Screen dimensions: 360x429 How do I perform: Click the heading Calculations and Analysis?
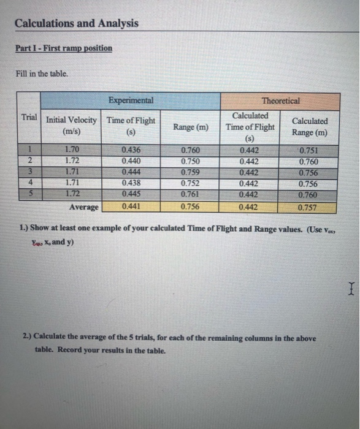point(77,23)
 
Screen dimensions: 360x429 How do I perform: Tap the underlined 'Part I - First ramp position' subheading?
point(64,48)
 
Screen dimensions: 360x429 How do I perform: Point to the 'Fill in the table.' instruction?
point(42,74)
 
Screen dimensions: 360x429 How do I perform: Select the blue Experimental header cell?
point(130,101)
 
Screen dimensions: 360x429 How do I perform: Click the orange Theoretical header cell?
point(280,101)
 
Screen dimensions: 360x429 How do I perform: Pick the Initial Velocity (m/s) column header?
point(72,126)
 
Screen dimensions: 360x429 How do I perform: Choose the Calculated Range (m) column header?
point(310,126)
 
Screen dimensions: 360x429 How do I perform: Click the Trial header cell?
point(28,117)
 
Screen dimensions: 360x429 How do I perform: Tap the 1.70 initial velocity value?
point(72,150)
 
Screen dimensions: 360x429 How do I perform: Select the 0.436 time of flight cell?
point(130,150)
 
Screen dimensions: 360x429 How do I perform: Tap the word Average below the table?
point(83,207)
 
